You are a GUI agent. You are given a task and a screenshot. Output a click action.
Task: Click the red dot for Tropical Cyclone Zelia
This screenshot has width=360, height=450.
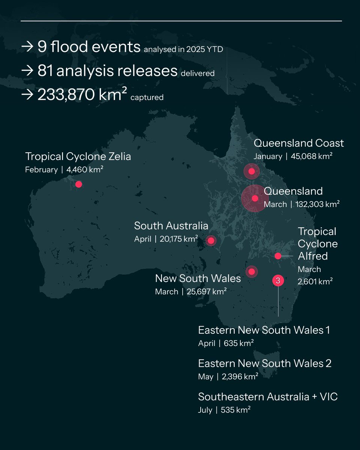[x=78, y=184]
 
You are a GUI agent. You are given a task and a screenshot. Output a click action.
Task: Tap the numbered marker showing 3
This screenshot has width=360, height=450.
[x=278, y=280]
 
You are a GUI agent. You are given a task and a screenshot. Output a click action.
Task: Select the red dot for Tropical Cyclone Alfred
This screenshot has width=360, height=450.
[x=278, y=256]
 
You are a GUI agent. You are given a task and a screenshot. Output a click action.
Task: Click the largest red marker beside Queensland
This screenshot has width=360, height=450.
[x=255, y=198]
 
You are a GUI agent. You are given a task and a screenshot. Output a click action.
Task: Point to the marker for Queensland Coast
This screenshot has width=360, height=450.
[x=252, y=171]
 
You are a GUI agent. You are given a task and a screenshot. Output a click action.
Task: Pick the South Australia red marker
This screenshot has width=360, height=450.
[x=211, y=240]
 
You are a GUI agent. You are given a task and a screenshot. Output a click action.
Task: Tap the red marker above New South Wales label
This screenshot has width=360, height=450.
[x=252, y=271]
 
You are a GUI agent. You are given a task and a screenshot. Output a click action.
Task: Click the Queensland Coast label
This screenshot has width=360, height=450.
[x=298, y=143]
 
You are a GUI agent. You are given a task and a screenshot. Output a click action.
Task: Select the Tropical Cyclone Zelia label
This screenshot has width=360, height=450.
[x=78, y=156]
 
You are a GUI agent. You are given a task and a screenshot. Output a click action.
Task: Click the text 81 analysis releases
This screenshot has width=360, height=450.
[x=107, y=71]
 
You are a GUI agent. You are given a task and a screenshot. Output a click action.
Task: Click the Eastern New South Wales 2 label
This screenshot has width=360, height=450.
[x=264, y=363]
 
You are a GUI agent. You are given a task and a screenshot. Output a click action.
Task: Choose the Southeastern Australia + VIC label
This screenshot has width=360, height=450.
[x=268, y=397]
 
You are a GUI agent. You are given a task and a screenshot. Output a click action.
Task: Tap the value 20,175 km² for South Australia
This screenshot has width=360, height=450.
[x=179, y=239]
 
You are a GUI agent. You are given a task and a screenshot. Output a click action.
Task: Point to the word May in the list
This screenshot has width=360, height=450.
[x=205, y=376]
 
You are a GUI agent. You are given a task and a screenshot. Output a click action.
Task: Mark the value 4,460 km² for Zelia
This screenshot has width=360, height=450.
[x=85, y=169]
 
